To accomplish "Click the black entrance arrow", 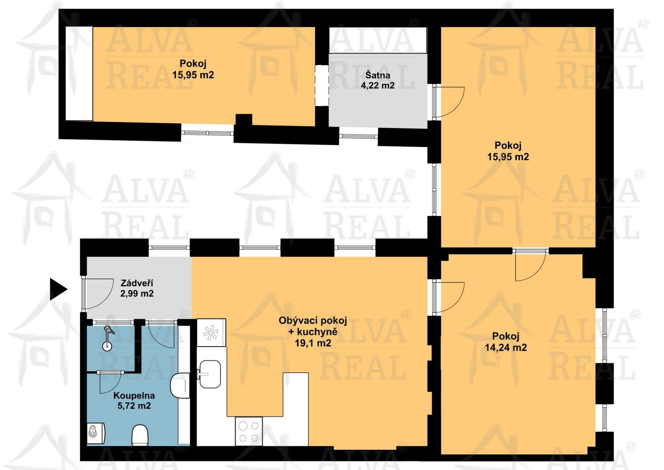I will [58, 289].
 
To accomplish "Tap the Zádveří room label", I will [137, 283].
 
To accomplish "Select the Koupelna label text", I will [134, 396].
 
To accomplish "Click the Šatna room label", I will [378, 75].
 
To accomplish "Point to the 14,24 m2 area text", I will [506, 347].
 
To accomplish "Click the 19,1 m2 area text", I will [313, 343].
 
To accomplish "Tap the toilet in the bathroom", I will [140, 435].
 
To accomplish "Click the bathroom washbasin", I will [180, 385].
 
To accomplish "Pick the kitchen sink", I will [210, 374].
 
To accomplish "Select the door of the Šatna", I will [449, 102].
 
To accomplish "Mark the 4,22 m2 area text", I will [378, 85].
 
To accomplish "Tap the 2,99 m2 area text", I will [137, 293].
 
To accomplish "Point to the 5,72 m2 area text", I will [134, 406].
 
